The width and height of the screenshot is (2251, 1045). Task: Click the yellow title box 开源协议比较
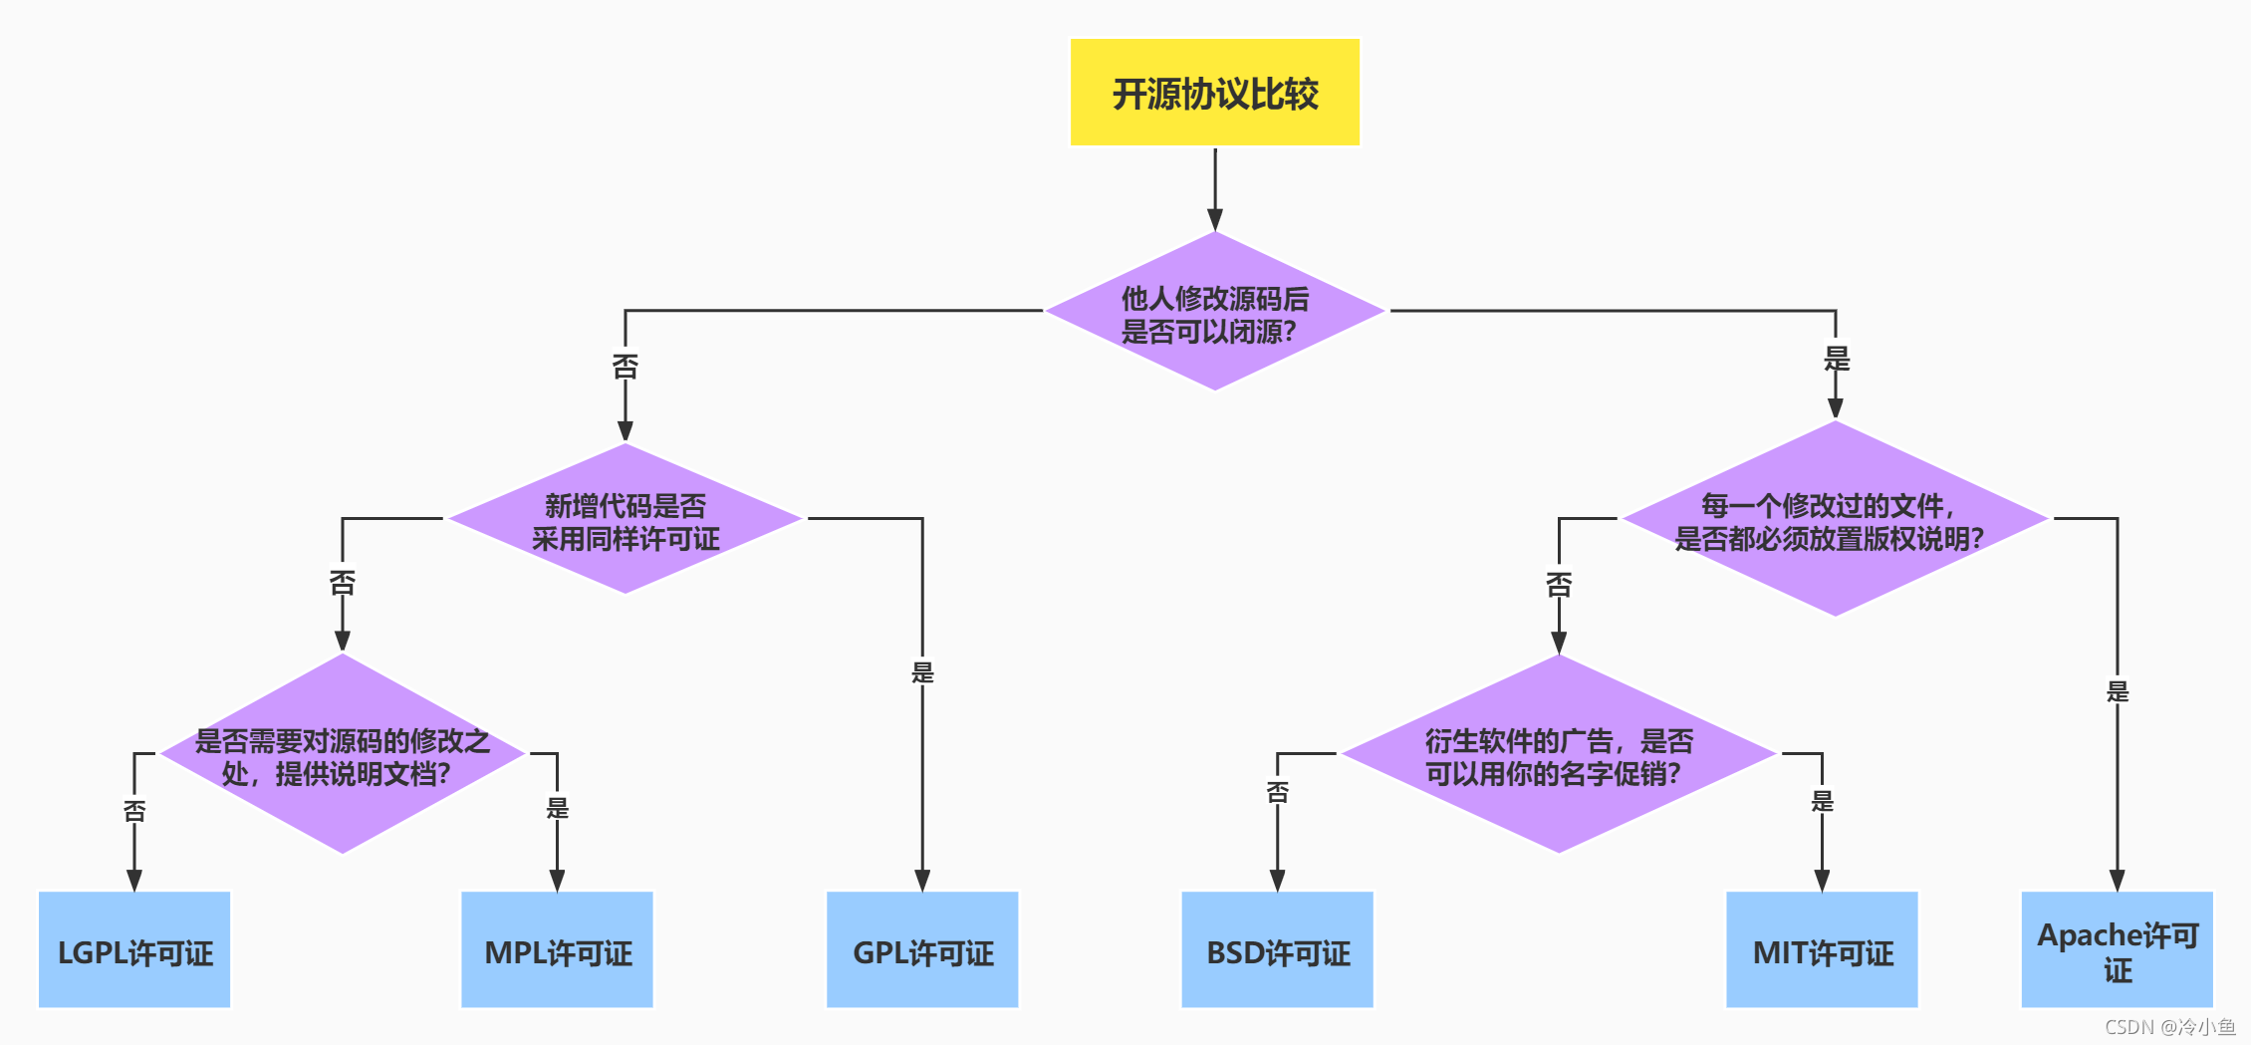(x=1214, y=93)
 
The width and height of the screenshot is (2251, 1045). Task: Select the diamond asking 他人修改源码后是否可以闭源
(x=1214, y=312)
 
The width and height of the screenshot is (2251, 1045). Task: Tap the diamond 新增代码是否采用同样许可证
(x=625, y=519)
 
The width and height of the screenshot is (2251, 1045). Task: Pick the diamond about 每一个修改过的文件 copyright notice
(x=1834, y=519)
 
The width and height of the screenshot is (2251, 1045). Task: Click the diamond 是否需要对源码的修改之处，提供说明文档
(x=342, y=755)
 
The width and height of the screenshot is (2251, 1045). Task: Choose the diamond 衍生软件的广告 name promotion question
(x=1558, y=755)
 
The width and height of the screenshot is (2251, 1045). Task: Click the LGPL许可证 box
(x=134, y=950)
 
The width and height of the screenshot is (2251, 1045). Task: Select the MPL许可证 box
(x=557, y=950)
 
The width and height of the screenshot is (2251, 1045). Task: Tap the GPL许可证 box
(x=922, y=950)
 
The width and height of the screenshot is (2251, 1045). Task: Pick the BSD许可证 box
(x=1277, y=950)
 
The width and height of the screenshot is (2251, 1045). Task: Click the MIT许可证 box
(x=1822, y=950)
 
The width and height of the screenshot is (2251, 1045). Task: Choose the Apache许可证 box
(x=2117, y=950)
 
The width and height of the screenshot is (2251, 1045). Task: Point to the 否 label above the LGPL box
(x=134, y=811)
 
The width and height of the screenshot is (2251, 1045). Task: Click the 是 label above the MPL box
(x=557, y=808)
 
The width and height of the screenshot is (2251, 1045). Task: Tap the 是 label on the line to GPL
(x=922, y=672)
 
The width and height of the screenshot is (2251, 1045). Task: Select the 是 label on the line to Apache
(x=2117, y=691)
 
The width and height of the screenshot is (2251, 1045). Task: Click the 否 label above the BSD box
(x=1277, y=792)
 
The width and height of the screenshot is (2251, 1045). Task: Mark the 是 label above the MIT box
(x=1822, y=801)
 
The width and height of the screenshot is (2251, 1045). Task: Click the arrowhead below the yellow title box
(x=1214, y=219)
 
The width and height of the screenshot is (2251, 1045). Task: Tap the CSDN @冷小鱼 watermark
(x=2170, y=1027)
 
